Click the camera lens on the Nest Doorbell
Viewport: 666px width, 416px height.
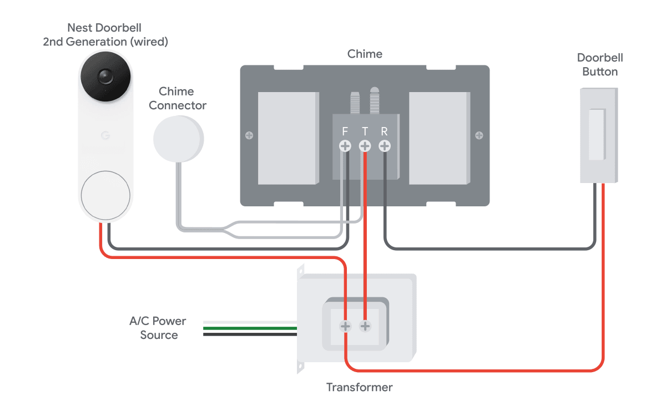pos(105,77)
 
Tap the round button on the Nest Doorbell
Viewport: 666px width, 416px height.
pos(105,195)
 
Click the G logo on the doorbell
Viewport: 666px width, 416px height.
pos(105,135)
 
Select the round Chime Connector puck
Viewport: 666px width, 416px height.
pos(178,138)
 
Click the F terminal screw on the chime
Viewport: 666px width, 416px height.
pos(345,146)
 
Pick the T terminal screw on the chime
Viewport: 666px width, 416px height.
pos(365,146)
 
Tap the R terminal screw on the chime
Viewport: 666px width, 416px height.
pos(384,146)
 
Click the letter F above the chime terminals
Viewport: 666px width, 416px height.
pos(345,132)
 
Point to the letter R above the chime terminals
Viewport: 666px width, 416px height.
pos(384,132)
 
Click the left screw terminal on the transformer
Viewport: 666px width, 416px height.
pos(345,326)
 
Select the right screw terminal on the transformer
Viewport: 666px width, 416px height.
pos(365,326)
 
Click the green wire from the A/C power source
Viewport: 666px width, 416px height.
pos(250,328)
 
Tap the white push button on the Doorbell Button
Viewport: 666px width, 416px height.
pos(596,135)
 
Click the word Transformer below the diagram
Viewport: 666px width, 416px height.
pos(359,387)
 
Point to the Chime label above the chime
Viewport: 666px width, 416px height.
pos(365,54)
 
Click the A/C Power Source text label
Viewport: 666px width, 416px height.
pos(158,328)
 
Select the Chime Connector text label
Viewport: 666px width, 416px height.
pos(177,98)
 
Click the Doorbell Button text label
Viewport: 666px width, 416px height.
pos(599,64)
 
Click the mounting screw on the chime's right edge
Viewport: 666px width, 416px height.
pos(479,135)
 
